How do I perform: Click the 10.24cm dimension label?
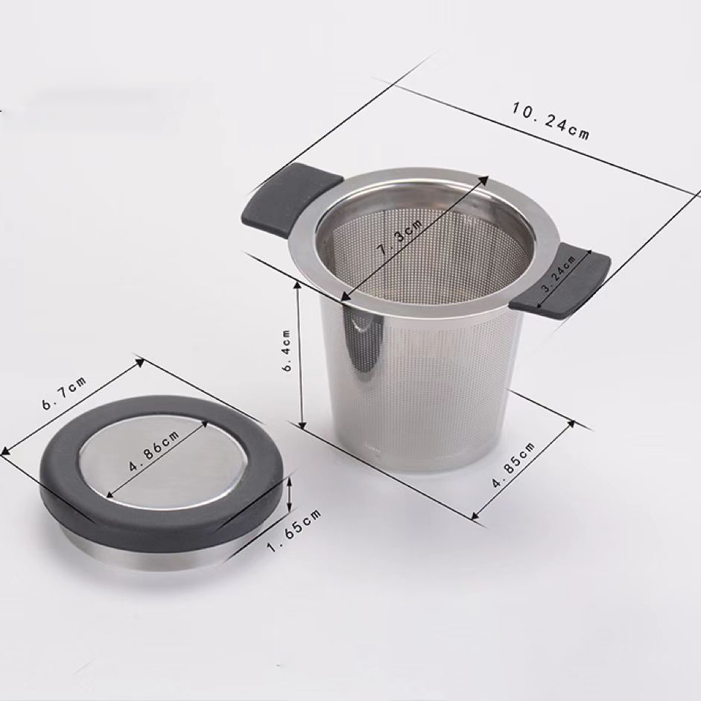click(x=550, y=120)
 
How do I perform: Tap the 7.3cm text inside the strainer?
click(x=399, y=237)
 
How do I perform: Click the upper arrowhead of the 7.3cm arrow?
click(x=485, y=180)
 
